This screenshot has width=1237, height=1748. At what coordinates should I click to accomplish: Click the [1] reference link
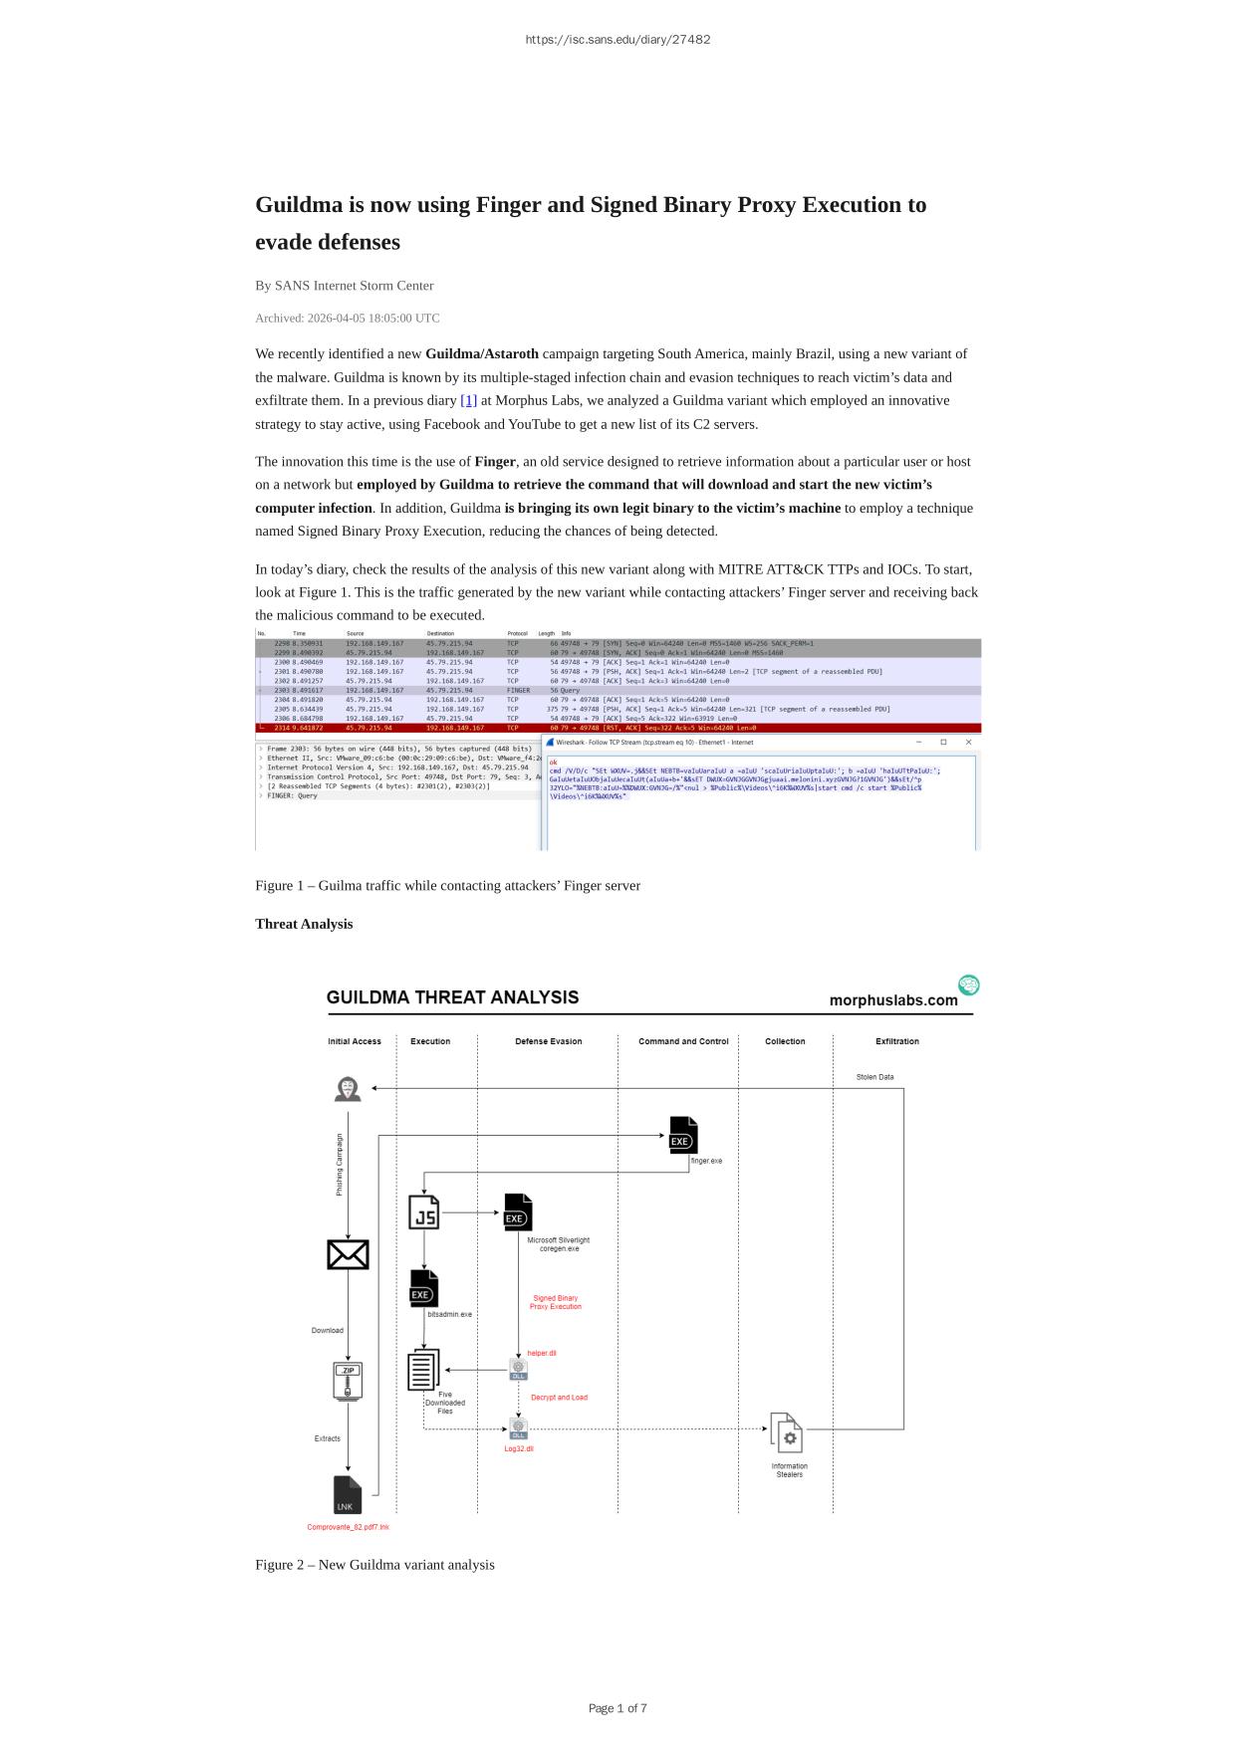468,400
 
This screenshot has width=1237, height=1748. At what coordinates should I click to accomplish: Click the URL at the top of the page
618,40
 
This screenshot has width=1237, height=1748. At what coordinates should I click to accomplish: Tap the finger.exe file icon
683,1136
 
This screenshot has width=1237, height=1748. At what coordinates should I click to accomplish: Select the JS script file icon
423,1211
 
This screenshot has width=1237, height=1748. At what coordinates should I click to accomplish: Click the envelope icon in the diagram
348,1254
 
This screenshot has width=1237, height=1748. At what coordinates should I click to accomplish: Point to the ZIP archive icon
348,1381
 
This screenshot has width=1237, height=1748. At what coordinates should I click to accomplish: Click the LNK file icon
347,1495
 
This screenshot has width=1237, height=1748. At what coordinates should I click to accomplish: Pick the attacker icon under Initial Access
348,1089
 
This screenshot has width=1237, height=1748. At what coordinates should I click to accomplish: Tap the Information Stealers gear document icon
786,1433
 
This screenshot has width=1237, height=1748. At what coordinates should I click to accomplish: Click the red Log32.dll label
519,1448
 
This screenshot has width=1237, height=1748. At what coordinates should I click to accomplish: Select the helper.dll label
542,1353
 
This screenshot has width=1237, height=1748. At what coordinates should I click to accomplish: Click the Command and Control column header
683,1041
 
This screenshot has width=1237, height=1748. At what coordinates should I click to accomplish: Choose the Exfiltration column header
896,1041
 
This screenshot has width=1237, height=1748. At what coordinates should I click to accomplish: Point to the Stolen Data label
874,1077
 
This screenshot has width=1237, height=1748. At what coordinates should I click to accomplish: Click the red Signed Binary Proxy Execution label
555,1302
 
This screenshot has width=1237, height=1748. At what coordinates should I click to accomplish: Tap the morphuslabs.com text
893,1000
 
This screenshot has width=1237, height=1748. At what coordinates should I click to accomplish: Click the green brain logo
968,985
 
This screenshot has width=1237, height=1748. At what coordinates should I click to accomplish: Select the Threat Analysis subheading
304,924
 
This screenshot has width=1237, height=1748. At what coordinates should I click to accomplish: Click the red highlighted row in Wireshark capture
618,728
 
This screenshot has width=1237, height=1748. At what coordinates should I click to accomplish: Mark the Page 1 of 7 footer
618,1708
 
